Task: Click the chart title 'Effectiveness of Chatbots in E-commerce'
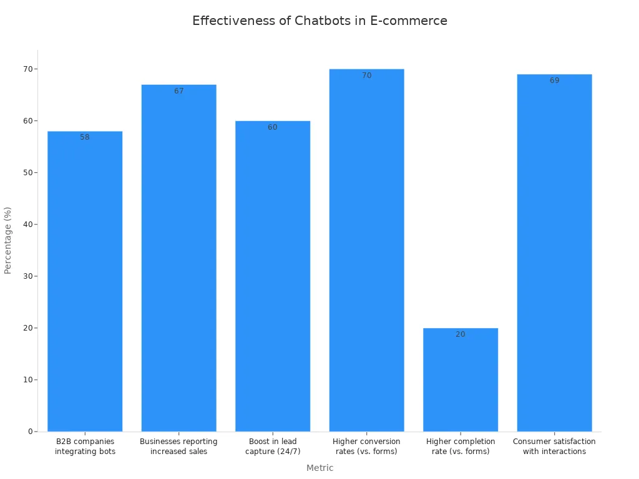click(319, 21)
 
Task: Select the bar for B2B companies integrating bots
click(85, 281)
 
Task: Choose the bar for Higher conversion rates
click(366, 249)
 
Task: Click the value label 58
click(85, 137)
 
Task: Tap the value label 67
click(179, 91)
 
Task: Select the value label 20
click(461, 334)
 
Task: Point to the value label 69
click(554, 80)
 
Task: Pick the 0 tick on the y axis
click(30, 432)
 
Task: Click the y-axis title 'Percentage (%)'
click(8, 240)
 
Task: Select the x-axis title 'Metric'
click(319, 468)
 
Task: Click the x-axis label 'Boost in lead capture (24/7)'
click(273, 447)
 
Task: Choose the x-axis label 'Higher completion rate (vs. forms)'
click(461, 447)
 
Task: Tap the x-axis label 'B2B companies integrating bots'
click(85, 447)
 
